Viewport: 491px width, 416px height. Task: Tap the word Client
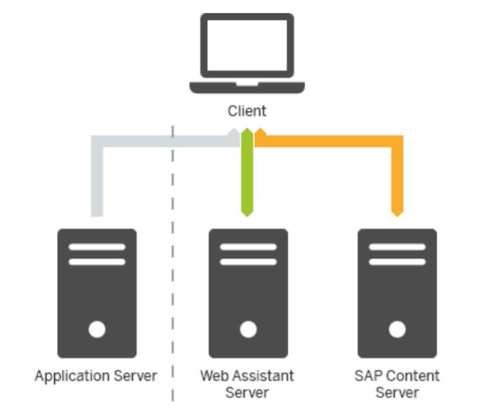pos(247,111)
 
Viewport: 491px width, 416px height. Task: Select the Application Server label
pos(96,376)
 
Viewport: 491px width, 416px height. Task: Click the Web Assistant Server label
pos(247,384)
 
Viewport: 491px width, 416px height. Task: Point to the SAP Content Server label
pos(397,384)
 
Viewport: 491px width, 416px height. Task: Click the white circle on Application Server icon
pos(97,329)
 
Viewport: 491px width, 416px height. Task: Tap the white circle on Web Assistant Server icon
pos(247,329)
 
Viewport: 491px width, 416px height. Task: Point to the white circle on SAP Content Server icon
pos(397,329)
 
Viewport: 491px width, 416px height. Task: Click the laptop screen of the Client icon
pos(247,46)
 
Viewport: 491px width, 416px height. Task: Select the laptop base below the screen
pos(247,86)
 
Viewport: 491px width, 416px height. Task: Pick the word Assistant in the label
pos(260,376)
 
